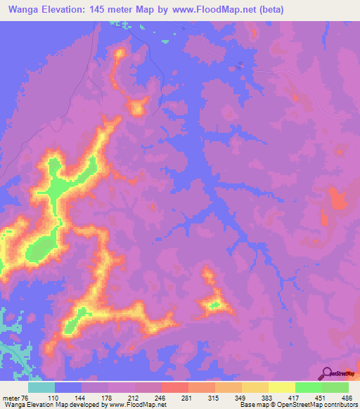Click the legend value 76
click(x=26, y=397)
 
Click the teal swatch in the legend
click(x=41, y=387)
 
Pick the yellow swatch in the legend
click(x=282, y=387)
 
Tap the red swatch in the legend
click(x=174, y=387)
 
